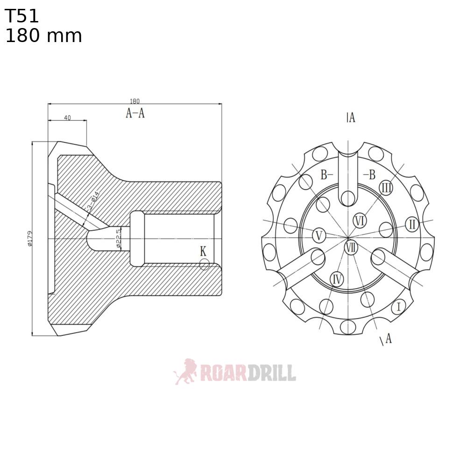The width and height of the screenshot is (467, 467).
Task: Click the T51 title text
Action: (22, 17)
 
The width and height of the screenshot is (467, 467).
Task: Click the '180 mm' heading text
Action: (43, 36)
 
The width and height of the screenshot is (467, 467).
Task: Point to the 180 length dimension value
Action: (134, 101)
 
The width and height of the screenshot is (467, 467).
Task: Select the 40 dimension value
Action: (67, 118)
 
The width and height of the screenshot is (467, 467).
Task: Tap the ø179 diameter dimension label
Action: (29, 238)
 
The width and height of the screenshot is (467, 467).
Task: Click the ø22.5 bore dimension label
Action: (118, 238)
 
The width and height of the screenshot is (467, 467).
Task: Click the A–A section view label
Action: (135, 113)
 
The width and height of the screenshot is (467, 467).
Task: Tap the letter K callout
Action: (203, 251)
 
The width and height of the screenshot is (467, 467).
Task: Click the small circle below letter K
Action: (204, 265)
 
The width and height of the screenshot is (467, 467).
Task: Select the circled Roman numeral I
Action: (398, 307)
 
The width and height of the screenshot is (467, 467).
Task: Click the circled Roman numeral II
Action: (411, 224)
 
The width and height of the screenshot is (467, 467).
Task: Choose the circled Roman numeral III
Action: (386, 188)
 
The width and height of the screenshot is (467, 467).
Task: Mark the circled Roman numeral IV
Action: (337, 279)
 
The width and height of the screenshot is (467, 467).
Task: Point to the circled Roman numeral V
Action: (319, 235)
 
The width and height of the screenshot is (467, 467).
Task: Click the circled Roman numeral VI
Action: (359, 220)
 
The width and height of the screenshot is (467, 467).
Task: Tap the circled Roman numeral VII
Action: (351, 247)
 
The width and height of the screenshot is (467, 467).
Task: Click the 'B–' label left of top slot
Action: (326, 175)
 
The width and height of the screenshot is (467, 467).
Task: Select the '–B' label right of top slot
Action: (369, 175)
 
